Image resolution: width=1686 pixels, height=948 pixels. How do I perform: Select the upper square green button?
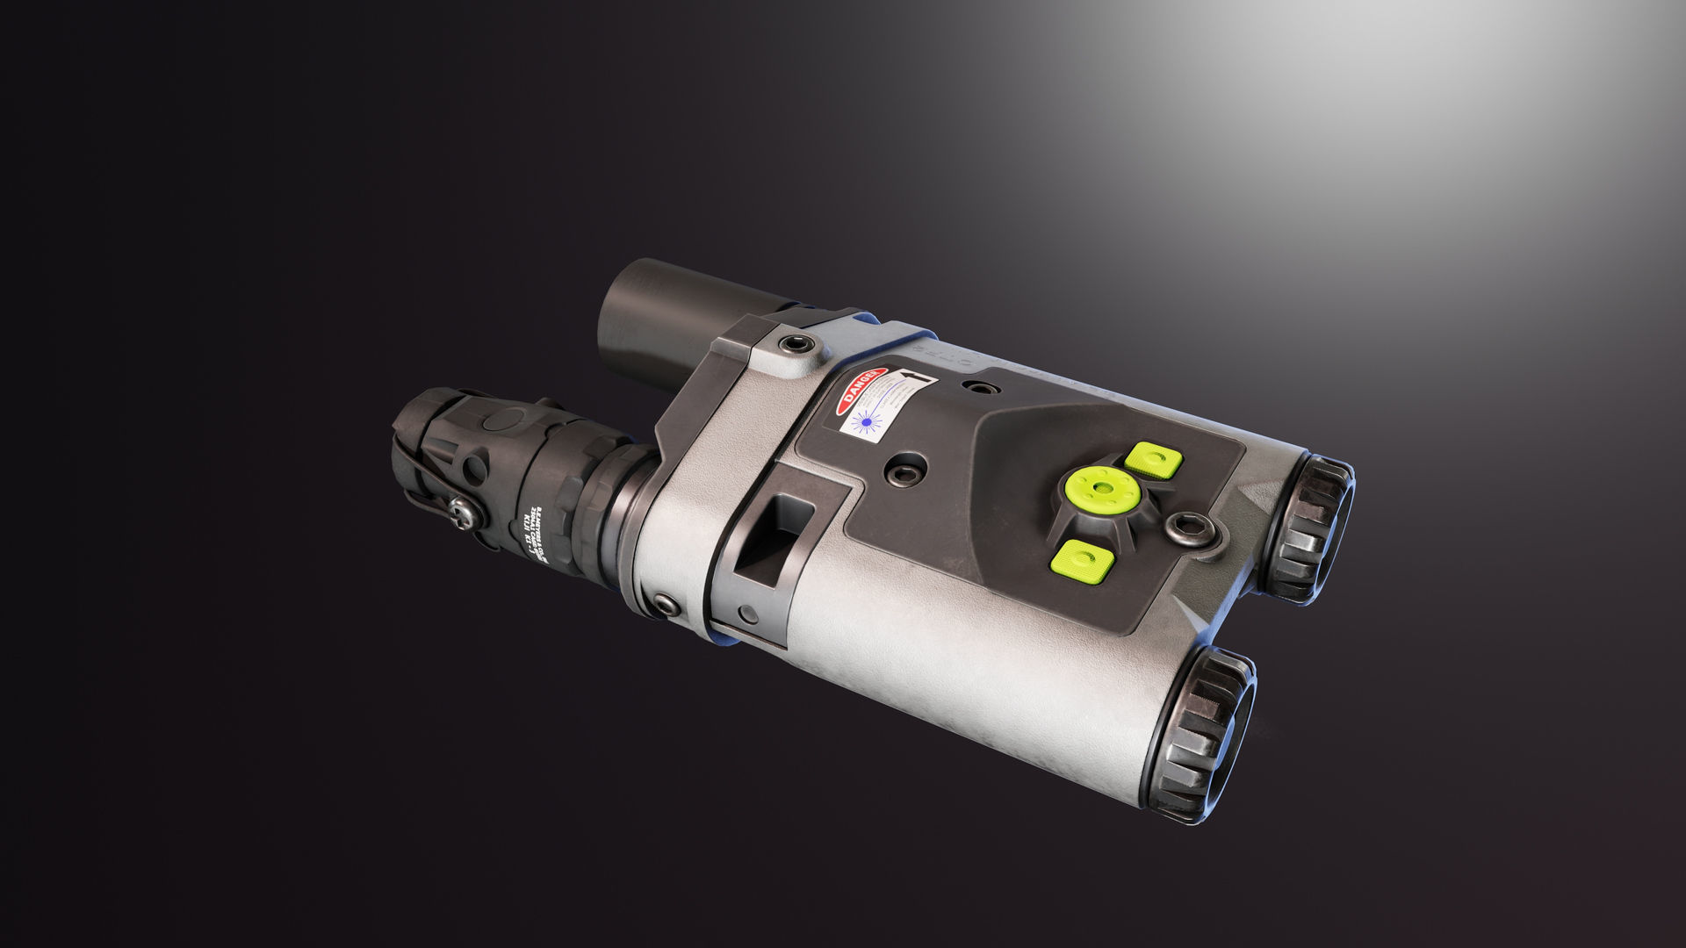(1153, 459)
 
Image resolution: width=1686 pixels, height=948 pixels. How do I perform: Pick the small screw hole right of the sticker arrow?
(977, 386)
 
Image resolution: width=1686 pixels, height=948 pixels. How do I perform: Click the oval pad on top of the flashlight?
(499, 420)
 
